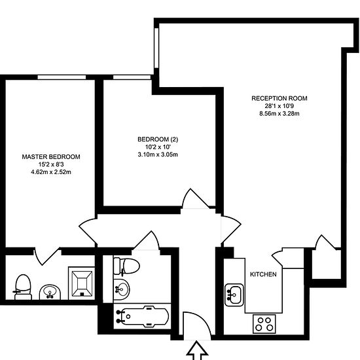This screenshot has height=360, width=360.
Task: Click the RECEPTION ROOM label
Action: (279, 98)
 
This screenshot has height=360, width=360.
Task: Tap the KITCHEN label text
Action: (263, 274)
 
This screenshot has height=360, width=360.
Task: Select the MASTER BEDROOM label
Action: (51, 157)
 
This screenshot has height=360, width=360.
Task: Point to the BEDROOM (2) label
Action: (158, 139)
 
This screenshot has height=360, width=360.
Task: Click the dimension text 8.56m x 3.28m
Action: (279, 113)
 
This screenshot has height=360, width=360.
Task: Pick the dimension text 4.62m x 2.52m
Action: (51, 172)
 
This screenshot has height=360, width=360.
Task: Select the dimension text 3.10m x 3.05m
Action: (158, 154)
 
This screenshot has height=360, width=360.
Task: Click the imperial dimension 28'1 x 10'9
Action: (279, 106)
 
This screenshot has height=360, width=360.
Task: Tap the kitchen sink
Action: (234, 295)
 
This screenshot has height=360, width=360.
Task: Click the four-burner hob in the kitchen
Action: (264, 324)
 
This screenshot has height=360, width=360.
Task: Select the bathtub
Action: (142, 316)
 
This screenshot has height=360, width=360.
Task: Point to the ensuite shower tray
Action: (82, 283)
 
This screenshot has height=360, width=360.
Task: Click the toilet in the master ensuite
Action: (23, 287)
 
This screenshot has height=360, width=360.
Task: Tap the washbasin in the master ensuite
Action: (50, 293)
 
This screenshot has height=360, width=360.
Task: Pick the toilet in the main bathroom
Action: (126, 266)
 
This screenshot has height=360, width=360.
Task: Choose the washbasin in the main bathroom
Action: (122, 289)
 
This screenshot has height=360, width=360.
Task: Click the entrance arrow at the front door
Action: (197, 351)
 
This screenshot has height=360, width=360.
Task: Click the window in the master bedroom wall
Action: (62, 77)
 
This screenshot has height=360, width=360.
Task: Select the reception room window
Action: (156, 48)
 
